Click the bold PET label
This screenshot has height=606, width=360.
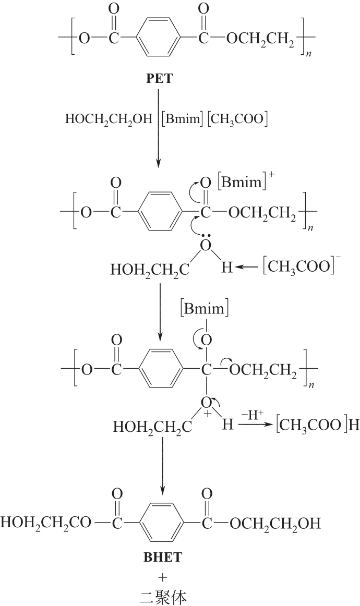[x=160, y=79]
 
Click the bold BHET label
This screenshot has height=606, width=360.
[x=162, y=557]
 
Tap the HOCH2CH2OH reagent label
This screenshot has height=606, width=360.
[x=106, y=119]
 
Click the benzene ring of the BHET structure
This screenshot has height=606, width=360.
[x=162, y=523]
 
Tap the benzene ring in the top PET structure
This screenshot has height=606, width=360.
[x=160, y=38]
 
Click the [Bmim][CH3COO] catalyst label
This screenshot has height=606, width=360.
[x=214, y=119]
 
